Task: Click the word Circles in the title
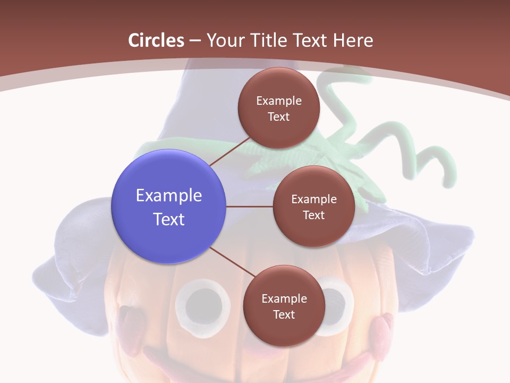(x=156, y=40)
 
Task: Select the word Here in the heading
(x=353, y=40)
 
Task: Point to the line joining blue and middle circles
(x=250, y=206)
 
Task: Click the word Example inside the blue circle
(x=169, y=196)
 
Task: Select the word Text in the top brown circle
(x=279, y=117)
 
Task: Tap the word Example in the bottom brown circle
(x=284, y=299)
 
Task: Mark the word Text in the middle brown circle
(x=314, y=215)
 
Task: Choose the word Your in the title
(x=223, y=40)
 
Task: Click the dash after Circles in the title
(x=195, y=40)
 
